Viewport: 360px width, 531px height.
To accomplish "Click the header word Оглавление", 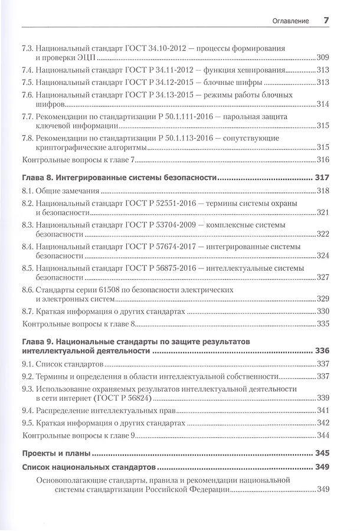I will (291, 21).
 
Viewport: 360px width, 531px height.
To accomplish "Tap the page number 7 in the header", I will (326, 21).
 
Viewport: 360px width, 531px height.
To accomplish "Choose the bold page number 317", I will (322, 177).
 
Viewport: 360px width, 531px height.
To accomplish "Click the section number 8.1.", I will (28, 191).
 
